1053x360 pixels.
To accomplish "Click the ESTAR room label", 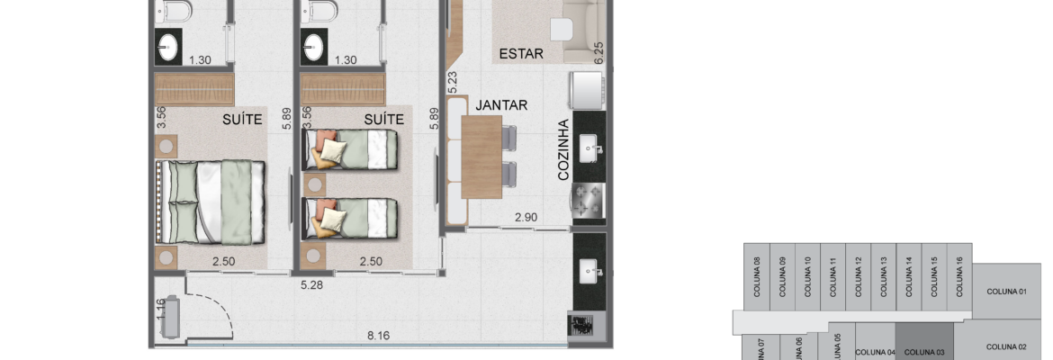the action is [521, 54].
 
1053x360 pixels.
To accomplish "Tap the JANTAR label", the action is [501, 105].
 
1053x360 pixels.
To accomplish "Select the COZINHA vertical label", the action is [563, 149].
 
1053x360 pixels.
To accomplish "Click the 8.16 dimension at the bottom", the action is [378, 335].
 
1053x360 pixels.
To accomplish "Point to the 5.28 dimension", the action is [311, 284].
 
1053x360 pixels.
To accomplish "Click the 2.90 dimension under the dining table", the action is [526, 217].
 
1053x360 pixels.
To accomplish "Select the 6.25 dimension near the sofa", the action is [599, 53].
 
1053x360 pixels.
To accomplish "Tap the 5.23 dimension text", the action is [452, 82].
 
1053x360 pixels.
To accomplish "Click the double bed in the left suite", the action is [211, 202].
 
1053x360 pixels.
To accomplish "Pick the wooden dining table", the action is [481, 157].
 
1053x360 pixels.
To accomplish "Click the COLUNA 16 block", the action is [959, 276].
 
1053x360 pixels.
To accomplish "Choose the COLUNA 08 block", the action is [757, 276].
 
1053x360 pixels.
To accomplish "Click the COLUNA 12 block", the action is [859, 276].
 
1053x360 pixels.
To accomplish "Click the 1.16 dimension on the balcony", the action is [160, 310].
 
